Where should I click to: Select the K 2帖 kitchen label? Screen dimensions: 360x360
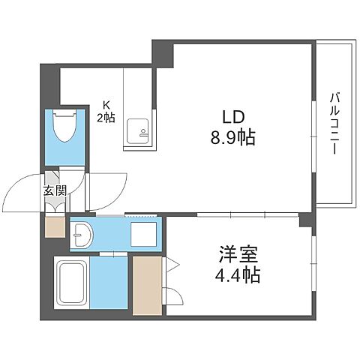[104, 112]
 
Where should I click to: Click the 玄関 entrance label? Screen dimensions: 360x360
[53, 190]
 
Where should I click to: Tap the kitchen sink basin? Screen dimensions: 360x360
[137, 131]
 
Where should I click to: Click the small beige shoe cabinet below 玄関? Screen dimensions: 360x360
[55, 226]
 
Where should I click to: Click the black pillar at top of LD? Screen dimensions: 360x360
[163, 53]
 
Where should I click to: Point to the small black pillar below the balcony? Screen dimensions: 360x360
[305, 220]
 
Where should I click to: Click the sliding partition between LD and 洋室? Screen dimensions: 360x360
[232, 216]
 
